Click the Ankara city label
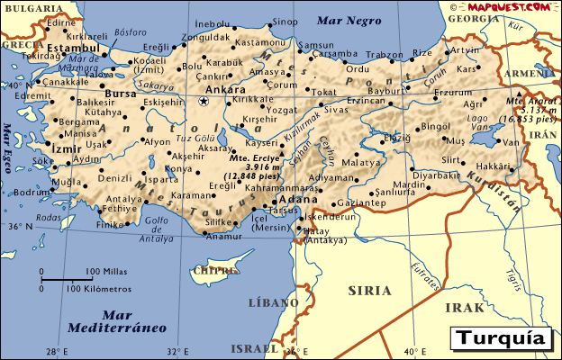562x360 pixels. [x=226, y=90]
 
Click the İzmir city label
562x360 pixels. [x=65, y=146]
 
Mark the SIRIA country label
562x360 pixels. [x=369, y=291]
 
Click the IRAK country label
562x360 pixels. [x=465, y=307]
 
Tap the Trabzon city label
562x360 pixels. [x=385, y=54]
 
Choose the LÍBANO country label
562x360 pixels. [x=271, y=302]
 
